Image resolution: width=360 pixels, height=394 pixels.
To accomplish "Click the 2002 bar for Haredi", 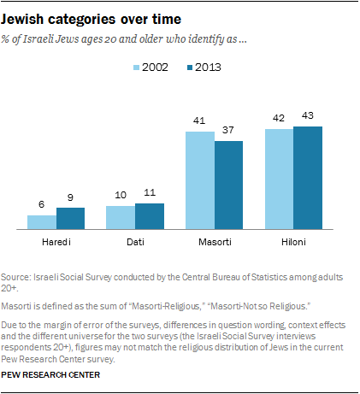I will point(42,222).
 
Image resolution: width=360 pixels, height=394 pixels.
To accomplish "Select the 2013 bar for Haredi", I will point(71,219).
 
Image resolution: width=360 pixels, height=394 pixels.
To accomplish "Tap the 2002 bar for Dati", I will point(121,218).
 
